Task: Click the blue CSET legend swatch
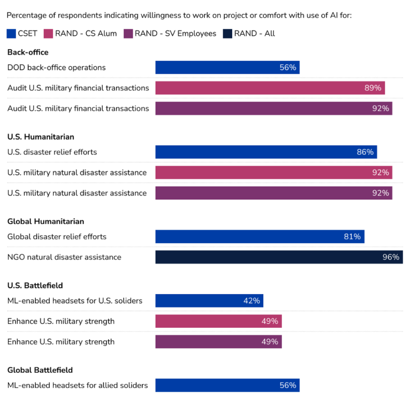(11, 34)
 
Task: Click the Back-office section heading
(28, 52)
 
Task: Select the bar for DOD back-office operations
(227, 67)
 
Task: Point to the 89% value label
(372, 88)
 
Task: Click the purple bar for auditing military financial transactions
(273, 109)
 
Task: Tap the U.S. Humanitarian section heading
(41, 137)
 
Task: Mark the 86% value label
(365, 152)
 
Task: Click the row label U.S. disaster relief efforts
(52, 152)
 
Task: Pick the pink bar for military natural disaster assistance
(273, 173)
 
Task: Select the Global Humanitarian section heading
(45, 221)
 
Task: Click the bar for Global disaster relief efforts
(260, 237)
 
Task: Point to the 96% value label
(391, 257)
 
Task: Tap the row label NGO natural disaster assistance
(64, 257)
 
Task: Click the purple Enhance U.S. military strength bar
(218, 342)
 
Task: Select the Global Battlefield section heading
(40, 370)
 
